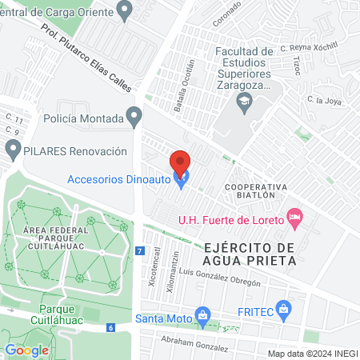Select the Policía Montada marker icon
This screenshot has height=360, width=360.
[134, 118]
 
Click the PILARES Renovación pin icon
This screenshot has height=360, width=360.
[13, 150]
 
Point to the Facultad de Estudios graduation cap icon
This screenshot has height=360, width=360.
[243, 101]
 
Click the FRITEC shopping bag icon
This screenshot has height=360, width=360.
[282, 309]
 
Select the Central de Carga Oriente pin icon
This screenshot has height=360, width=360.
[123, 11]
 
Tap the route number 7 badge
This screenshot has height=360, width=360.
[140, 251]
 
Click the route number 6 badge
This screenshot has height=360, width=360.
[110, 327]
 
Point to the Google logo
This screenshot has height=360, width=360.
[26, 350]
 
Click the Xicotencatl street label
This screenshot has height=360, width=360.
[154, 266]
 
